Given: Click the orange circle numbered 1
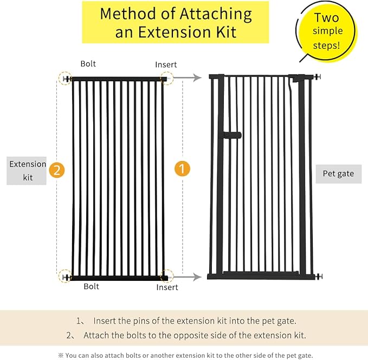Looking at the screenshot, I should coord(182,169).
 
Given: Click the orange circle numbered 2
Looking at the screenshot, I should coord(57,170).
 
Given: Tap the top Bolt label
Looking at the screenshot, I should coord(88,64).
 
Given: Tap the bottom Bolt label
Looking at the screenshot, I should coord(92,286).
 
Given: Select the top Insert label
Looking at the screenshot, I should coord(166,65).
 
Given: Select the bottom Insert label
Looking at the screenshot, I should coord(167,287).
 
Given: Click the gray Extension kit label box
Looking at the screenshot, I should coord(28,171).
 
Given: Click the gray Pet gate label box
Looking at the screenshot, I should coord(338,174).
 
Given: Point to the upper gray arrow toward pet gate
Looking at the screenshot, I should coord(190,78).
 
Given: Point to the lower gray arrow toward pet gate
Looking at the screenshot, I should coord(190,277).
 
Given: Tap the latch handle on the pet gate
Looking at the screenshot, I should coord(232,134).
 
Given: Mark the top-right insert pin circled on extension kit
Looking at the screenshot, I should coord(167,79).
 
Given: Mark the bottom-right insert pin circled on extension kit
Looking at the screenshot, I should coord(167,277).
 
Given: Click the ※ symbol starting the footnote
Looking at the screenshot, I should coord(60,355).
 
